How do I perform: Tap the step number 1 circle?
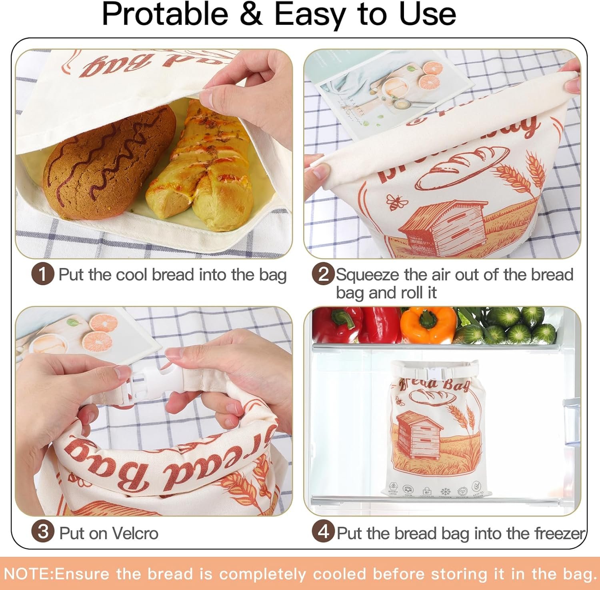tap(42, 275)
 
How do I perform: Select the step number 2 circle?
tap(323, 274)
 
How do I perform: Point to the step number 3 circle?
tap(42, 532)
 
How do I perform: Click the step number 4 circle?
tap(323, 532)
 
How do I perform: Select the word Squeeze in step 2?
tap(367, 275)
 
